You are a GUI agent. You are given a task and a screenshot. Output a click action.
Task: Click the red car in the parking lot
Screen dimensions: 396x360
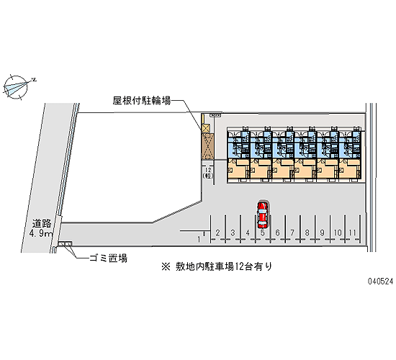pyautogui.click(x=262, y=215)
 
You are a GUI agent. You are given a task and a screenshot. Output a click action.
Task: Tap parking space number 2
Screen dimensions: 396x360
pyautogui.click(x=217, y=229)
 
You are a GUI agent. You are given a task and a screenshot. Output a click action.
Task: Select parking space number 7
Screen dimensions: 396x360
pyautogui.click(x=292, y=229)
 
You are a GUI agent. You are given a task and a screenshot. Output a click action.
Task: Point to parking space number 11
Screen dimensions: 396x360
pyautogui.click(x=352, y=229)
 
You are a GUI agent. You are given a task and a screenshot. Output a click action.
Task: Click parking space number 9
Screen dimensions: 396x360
pyautogui.click(x=323, y=229)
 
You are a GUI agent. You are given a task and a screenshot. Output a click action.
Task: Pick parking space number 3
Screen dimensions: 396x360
pyautogui.click(x=233, y=229)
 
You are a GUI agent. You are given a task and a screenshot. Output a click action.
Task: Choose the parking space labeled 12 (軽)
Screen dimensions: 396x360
pyautogui.click(x=208, y=174)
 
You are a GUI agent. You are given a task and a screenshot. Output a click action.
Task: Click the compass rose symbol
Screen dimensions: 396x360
pyautogui.click(x=16, y=86)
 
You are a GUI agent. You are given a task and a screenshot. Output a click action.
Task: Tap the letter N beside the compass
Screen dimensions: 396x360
pyautogui.click(x=34, y=80)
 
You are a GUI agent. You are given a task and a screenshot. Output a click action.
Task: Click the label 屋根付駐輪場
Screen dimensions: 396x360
pyautogui.click(x=142, y=101)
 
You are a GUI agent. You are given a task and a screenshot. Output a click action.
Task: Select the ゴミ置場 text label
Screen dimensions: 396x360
pyautogui.click(x=108, y=258)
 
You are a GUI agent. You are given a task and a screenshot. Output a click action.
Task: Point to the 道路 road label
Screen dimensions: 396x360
pyautogui.click(x=42, y=224)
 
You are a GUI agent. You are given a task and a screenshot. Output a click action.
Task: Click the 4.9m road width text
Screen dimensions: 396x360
pyautogui.click(x=40, y=233)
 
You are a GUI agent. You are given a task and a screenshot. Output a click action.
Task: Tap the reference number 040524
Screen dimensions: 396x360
pyautogui.click(x=380, y=282)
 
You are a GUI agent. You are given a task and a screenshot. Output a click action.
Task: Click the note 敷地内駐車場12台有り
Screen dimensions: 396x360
pyautogui.click(x=224, y=267)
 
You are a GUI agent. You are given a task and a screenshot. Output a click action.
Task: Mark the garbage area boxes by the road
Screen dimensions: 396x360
pyautogui.click(x=65, y=243)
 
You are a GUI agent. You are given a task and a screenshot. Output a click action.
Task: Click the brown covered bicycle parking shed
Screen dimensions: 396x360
pyautogui.click(x=207, y=147)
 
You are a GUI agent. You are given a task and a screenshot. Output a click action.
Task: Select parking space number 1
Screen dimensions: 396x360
pyautogui.click(x=199, y=236)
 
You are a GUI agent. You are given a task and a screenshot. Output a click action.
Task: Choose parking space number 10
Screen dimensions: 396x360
pyautogui.click(x=338, y=229)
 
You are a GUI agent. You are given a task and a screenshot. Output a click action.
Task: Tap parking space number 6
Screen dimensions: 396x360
pyautogui.click(x=277, y=229)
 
